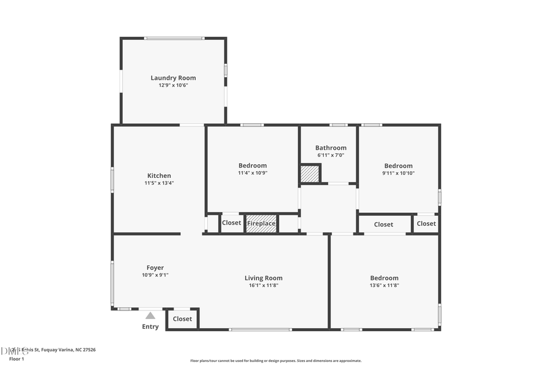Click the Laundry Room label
click(173, 78)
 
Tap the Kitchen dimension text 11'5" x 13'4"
click(159, 183)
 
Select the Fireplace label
click(261, 223)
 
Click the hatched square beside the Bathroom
click(310, 174)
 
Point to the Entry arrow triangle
click(150, 315)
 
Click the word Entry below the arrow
click(150, 327)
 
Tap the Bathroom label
click(331, 148)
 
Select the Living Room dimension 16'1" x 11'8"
click(263, 285)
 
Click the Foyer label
click(155, 267)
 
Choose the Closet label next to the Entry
click(182, 319)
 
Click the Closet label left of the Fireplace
click(231, 223)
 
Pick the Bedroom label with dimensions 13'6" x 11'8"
click(384, 278)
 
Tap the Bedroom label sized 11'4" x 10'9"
click(252, 166)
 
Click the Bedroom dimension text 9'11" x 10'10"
click(398, 173)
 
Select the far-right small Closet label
click(426, 223)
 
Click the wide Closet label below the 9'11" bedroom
click(383, 224)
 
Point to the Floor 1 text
click(17, 359)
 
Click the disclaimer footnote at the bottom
click(275, 361)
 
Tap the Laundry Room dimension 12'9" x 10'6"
click(173, 85)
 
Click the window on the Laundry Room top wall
click(174, 39)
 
